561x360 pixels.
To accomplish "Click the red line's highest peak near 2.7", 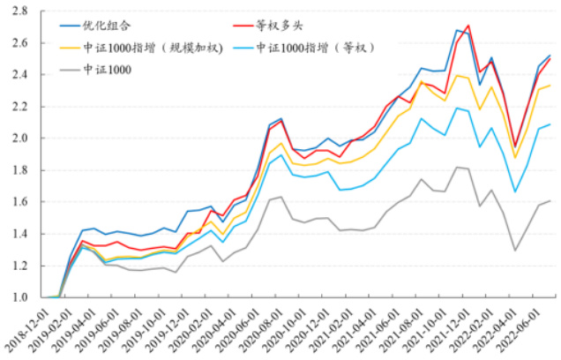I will (x=468, y=26).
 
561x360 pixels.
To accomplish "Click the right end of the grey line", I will (x=550, y=200).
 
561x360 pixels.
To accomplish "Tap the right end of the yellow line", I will (x=550, y=85).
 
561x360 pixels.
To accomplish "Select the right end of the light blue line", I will (x=550, y=124).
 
